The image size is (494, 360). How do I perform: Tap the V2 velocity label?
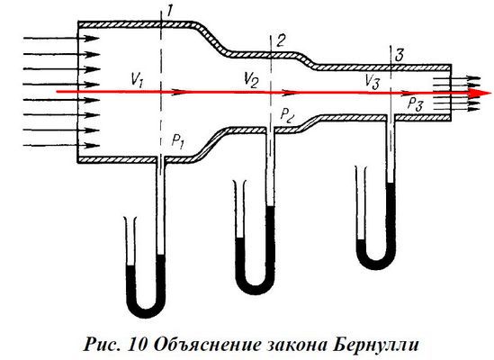pos(252,80)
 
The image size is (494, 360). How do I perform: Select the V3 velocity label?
pos(373,83)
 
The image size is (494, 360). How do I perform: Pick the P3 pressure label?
pos(416,103)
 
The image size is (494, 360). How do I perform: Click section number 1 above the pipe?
pos(169,12)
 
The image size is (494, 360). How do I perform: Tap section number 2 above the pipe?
pos(281,40)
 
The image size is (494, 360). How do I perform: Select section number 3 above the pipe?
pos(399,56)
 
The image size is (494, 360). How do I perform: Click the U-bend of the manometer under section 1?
pos(146,310)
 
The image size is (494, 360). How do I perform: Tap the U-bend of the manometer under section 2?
pos(256,287)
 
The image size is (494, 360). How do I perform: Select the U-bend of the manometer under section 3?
pos(376,263)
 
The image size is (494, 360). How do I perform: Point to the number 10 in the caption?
pos(138,345)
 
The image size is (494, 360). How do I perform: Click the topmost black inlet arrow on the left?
pos(61,38)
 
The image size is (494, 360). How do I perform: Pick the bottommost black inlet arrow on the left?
pos(61,145)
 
